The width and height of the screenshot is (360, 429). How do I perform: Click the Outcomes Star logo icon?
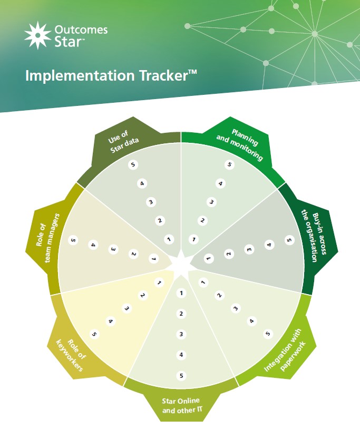pyautogui.click(x=37, y=35)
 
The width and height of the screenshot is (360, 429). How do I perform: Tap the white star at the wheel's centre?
pyautogui.click(x=180, y=263)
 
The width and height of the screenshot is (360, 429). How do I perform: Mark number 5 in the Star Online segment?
pyautogui.click(x=181, y=376)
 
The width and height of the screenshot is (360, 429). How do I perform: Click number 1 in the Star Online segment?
pyautogui.click(x=181, y=293)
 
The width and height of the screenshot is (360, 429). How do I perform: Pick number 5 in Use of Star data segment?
pyautogui.click(x=133, y=165)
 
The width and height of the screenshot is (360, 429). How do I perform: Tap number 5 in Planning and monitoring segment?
pyautogui.click(x=229, y=165)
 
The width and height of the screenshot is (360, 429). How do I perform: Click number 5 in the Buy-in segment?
pyautogui.click(x=288, y=240)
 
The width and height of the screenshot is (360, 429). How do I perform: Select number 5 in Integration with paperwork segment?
pyautogui.click(x=267, y=334)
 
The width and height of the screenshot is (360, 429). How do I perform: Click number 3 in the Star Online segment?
pyautogui.click(x=181, y=334)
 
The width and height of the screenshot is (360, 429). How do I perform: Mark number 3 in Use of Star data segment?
pyautogui.click(x=151, y=202)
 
